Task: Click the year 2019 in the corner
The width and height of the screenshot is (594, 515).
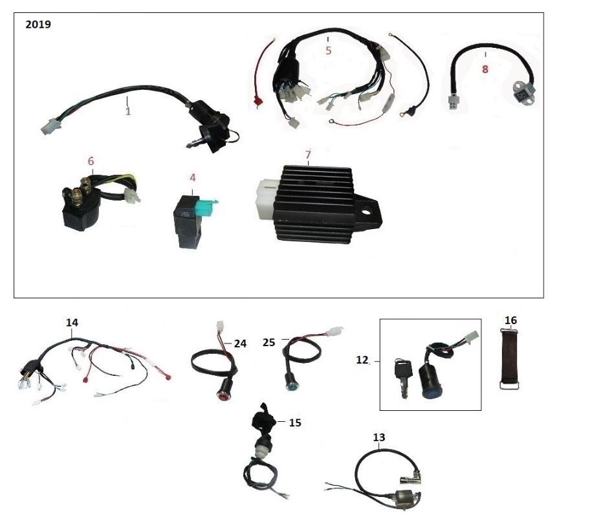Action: (x=38, y=24)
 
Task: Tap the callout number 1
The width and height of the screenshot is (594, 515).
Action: (x=128, y=111)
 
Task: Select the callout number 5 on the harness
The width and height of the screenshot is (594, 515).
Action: (x=329, y=50)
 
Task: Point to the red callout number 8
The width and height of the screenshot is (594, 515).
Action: (x=485, y=69)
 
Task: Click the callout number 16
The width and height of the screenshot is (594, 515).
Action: (x=511, y=320)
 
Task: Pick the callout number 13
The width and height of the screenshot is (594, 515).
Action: (x=379, y=437)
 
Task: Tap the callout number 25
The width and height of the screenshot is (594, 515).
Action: (x=269, y=342)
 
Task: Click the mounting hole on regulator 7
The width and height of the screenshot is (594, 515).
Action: (x=367, y=212)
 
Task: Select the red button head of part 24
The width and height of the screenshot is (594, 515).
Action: (x=223, y=396)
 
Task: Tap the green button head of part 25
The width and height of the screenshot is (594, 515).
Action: (x=292, y=387)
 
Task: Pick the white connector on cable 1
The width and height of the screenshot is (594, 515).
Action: (x=49, y=126)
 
